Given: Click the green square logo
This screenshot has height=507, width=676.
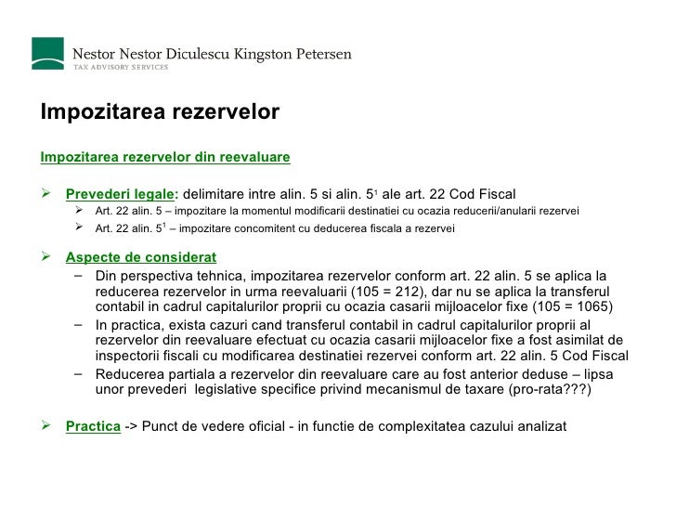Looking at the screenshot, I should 48,53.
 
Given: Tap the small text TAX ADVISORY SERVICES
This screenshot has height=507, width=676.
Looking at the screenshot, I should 122,68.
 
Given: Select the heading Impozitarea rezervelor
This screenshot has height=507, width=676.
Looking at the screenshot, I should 160,112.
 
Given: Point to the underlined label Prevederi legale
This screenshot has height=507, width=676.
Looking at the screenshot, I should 120,194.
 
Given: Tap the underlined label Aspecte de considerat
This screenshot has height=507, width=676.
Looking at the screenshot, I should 140,257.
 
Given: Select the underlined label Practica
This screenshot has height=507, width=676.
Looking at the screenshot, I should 93,426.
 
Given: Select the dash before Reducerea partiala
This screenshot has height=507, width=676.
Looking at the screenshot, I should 75,373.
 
